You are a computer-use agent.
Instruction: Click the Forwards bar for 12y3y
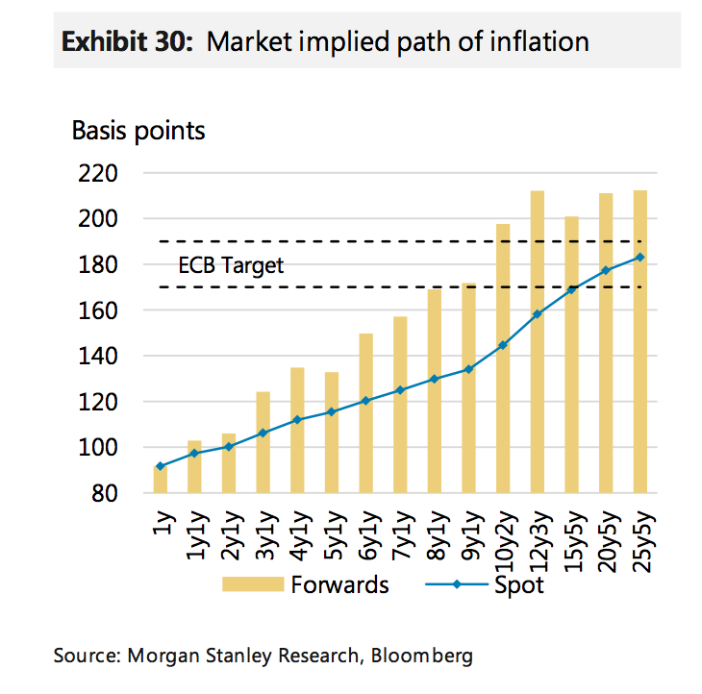tap(537, 341)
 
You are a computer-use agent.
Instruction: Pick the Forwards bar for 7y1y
tap(400, 404)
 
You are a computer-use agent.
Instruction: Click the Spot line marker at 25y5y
tap(639, 257)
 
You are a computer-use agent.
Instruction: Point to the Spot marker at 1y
tap(160, 466)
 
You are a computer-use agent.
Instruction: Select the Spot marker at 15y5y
tap(571, 289)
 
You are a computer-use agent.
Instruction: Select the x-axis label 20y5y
tap(606, 543)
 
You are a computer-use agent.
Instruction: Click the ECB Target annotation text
tap(231, 265)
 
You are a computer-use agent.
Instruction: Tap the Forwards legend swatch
tap(253, 584)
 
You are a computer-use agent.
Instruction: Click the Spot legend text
tap(518, 584)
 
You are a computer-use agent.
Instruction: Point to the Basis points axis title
tap(138, 130)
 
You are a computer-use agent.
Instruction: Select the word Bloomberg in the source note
tap(423, 657)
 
